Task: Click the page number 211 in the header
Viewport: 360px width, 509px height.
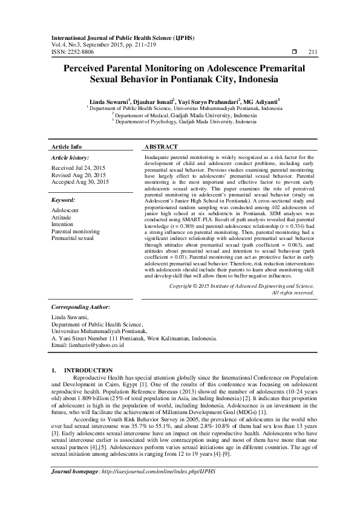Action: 313,53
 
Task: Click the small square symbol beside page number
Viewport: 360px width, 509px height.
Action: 295,53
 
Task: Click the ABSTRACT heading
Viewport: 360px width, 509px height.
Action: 161,147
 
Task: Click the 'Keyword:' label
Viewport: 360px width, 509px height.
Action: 64,199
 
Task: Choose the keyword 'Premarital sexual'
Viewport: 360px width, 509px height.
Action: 73,238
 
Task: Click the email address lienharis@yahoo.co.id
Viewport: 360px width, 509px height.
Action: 88,345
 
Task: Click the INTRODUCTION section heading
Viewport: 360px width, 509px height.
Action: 88,370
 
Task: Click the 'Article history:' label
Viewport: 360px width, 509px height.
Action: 70,157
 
